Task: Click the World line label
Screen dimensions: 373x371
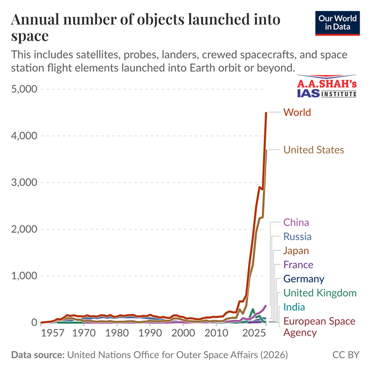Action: pos(297,113)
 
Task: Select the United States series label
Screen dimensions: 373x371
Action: pos(314,150)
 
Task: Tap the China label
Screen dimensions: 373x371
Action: pos(296,222)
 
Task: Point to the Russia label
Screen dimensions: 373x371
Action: pos(297,236)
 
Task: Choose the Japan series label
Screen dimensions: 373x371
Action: pos(296,251)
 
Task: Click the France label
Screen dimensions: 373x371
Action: pos(298,265)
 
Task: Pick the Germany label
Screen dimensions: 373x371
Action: pos(303,279)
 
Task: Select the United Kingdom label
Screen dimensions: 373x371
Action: pos(320,293)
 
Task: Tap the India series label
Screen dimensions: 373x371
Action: pos(294,307)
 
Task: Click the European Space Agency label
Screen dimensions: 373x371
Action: pos(319,327)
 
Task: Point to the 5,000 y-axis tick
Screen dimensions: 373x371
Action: pos(23,89)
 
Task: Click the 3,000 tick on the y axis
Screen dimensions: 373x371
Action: pos(23,182)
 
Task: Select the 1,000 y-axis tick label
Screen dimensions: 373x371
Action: pos(23,276)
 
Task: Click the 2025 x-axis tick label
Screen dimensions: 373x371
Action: pos(253,333)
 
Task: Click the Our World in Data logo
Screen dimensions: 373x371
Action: pos(337,22)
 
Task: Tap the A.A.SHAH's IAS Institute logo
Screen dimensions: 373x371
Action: pos(327,87)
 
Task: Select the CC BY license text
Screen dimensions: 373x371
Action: pos(346,355)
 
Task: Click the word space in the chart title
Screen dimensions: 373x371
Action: pos(30,37)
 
